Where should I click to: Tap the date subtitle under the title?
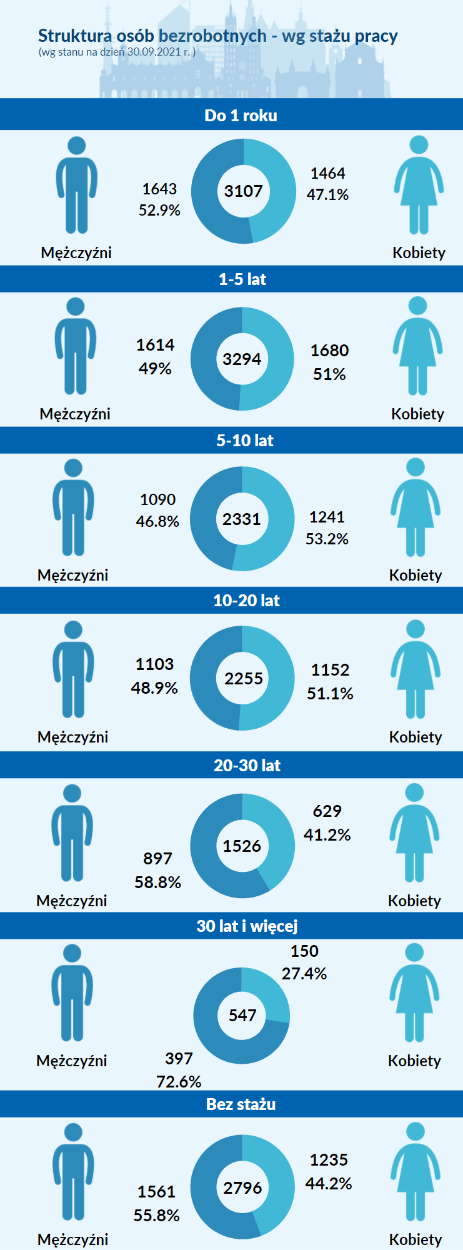[117, 52]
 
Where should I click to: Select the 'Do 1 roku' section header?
[241, 116]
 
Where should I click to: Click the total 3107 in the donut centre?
[243, 191]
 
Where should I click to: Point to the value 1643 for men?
[159, 189]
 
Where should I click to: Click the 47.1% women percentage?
[327, 194]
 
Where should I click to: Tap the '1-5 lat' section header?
[242, 279]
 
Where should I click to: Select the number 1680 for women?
[329, 351]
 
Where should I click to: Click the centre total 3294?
[242, 359]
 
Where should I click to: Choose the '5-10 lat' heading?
[244, 441]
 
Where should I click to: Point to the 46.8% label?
[157, 521]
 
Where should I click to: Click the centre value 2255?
[243, 679]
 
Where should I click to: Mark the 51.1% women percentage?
[330, 694]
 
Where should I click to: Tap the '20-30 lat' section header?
[247, 766]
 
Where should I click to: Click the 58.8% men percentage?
[157, 882]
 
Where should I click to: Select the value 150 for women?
[304, 951]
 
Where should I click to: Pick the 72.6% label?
[179, 1081]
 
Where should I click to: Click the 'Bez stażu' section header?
[241, 1104]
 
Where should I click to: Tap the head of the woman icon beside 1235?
[416, 1131]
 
